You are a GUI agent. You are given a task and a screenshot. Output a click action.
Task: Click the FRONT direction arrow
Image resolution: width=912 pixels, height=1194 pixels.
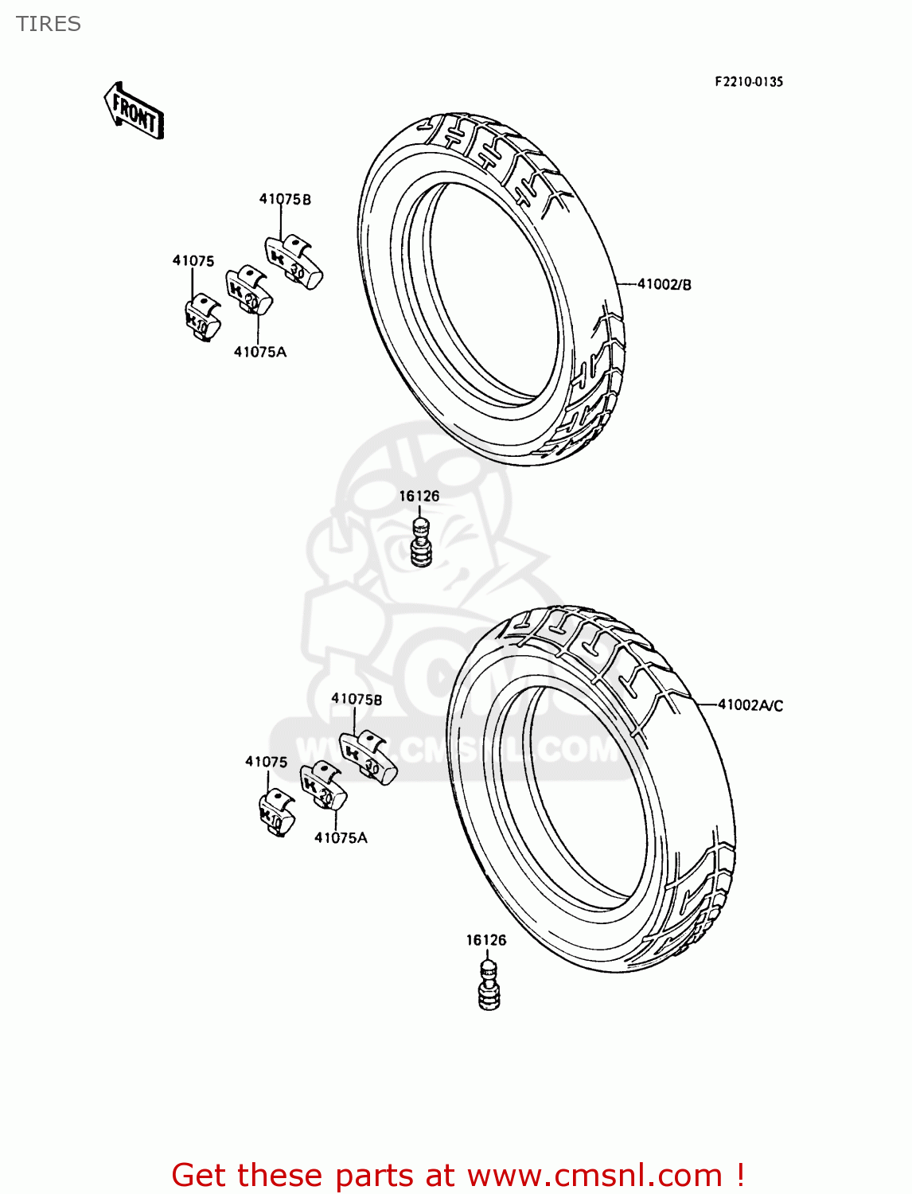coord(134,112)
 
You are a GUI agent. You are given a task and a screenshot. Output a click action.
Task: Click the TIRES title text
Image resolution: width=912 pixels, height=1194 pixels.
coord(49,24)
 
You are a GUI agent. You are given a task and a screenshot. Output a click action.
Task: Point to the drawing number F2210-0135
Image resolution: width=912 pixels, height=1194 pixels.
coord(748,81)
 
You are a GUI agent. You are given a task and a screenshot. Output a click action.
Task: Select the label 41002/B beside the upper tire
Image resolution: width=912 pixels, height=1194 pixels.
coord(664,284)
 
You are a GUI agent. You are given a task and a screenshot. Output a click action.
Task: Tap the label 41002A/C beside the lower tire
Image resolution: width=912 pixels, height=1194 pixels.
coord(750,705)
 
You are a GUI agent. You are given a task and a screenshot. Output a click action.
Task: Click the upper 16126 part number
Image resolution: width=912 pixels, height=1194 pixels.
coord(419,496)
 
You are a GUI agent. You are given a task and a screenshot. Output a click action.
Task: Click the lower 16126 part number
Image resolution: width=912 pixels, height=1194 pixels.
coord(485,940)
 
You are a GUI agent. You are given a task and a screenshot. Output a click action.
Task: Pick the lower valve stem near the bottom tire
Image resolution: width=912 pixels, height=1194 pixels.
coord(489,987)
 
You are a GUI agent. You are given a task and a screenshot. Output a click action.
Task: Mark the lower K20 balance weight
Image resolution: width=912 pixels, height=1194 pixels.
coord(323,786)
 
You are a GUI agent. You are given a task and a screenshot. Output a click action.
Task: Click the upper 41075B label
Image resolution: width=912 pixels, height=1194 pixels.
coord(285,199)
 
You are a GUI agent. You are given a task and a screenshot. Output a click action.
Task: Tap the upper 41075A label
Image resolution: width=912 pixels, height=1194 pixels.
coord(259,352)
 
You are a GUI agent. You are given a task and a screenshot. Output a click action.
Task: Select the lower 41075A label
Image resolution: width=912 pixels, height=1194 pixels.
coord(341,837)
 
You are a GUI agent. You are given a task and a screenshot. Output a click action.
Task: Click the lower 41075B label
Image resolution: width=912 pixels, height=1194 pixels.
coord(357,699)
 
